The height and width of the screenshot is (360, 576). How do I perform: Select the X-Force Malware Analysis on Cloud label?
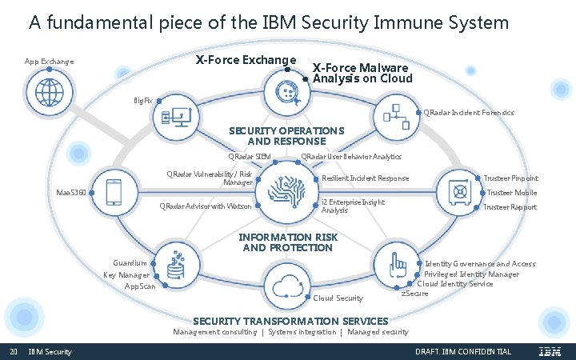coord(362,73)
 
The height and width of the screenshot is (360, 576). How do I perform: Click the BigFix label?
coord(143,101)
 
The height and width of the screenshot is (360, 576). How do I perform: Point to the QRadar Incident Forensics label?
coord(468,113)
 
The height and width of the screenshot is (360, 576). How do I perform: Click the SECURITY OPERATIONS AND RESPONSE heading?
coord(286,135)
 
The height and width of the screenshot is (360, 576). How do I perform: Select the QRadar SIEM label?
coord(250,157)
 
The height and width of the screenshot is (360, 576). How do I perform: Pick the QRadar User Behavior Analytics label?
coord(350,157)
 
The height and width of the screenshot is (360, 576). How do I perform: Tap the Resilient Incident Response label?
coord(365,178)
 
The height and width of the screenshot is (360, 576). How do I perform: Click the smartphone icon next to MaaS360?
coord(116,192)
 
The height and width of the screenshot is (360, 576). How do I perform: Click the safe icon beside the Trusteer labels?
coord(460,192)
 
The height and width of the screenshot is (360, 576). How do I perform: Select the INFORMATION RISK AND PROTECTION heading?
coord(288,242)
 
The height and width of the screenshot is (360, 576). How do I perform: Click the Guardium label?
coord(130,263)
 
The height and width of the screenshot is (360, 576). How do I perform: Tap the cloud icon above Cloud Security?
coord(287,285)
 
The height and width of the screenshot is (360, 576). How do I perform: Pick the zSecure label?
coord(414,294)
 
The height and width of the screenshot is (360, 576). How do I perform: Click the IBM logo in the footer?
coord(550,352)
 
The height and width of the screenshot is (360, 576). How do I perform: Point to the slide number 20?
coord(14,352)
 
